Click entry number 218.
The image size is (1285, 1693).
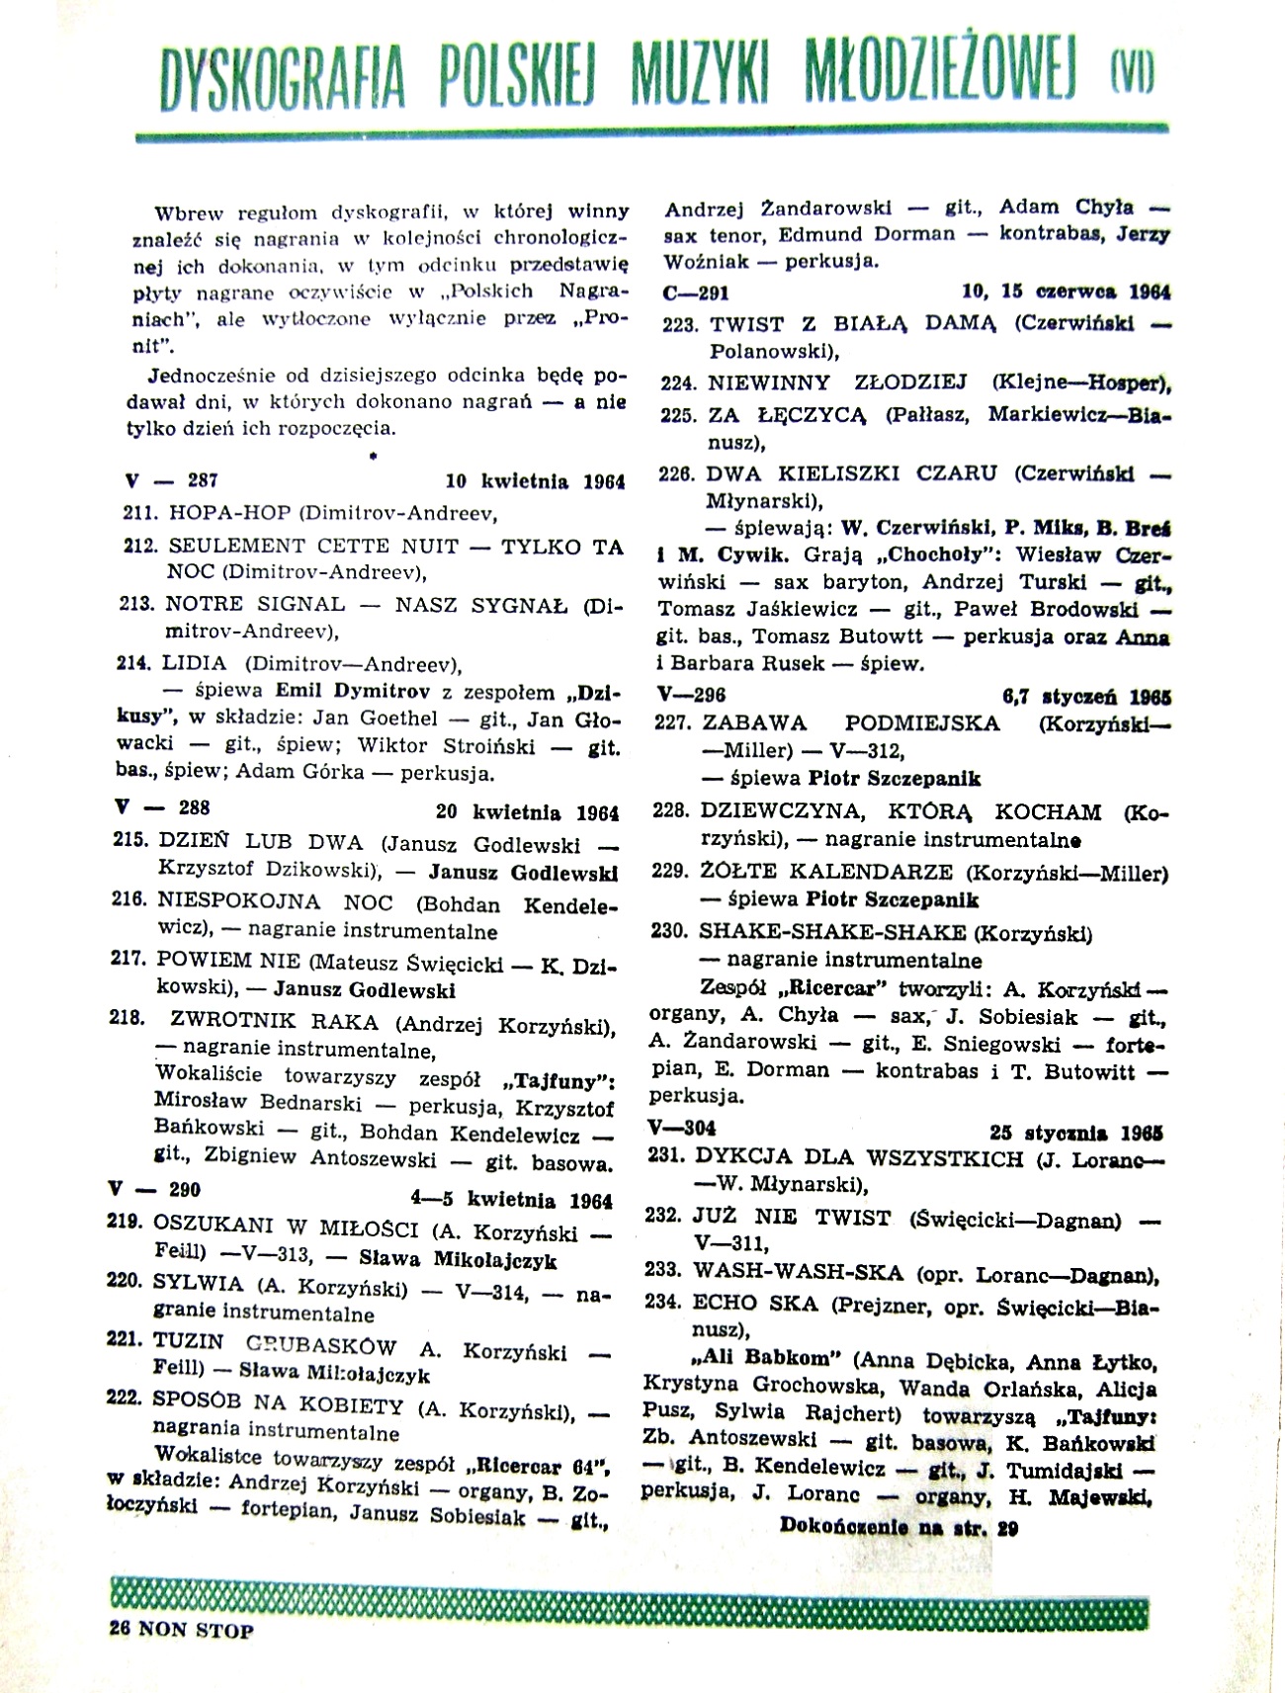pos(128,1017)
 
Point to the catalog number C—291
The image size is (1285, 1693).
pos(696,293)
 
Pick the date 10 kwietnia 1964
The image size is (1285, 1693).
pos(535,482)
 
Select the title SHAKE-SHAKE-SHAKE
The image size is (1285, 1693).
pos(832,932)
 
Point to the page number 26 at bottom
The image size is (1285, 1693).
pos(120,1630)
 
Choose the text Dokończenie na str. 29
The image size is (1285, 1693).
pos(899,1526)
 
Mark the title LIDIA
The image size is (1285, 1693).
pos(197,663)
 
